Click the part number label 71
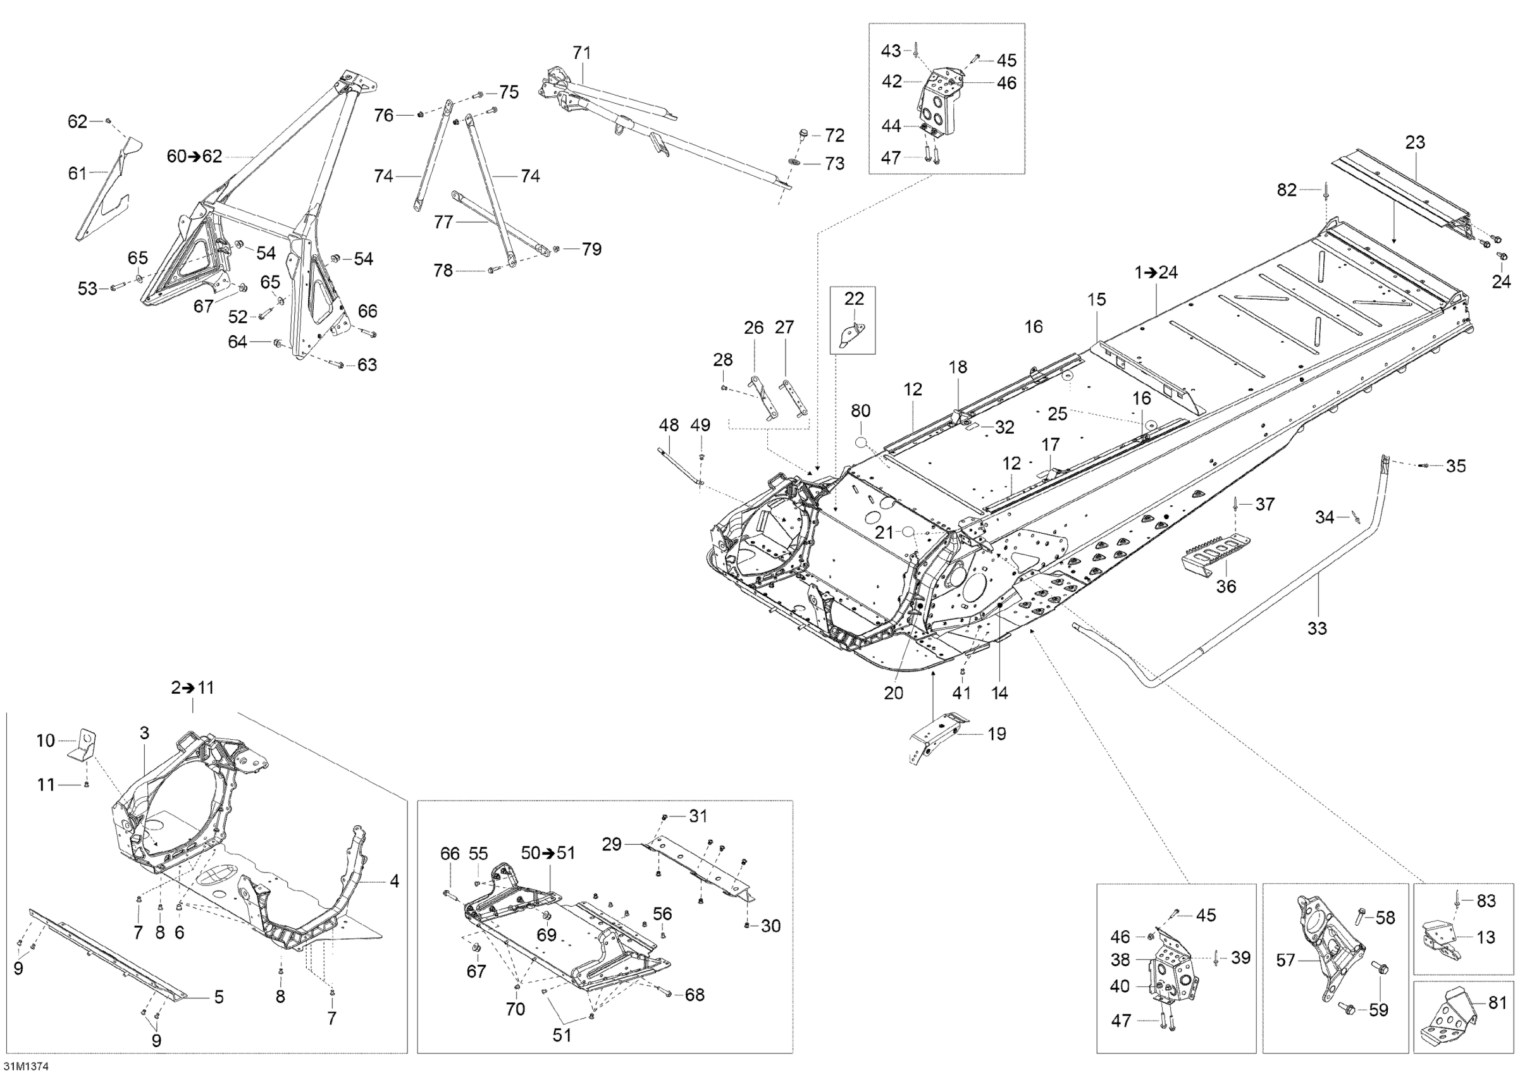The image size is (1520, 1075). (581, 52)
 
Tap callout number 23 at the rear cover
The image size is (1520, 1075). (1415, 142)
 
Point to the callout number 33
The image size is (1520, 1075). (1317, 627)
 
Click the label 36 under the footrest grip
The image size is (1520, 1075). (1226, 586)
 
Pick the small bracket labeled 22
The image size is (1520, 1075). (852, 334)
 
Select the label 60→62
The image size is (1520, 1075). (194, 157)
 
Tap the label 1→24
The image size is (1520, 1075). (1156, 272)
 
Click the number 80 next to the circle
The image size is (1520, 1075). (860, 410)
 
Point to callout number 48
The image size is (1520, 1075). (669, 425)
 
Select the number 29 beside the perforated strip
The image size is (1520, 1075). (612, 844)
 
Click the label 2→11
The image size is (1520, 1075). (193, 688)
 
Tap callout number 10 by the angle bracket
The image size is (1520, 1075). (45, 740)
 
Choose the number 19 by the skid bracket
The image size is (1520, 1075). (996, 734)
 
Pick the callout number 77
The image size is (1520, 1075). (443, 222)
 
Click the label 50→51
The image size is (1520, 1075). (548, 853)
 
